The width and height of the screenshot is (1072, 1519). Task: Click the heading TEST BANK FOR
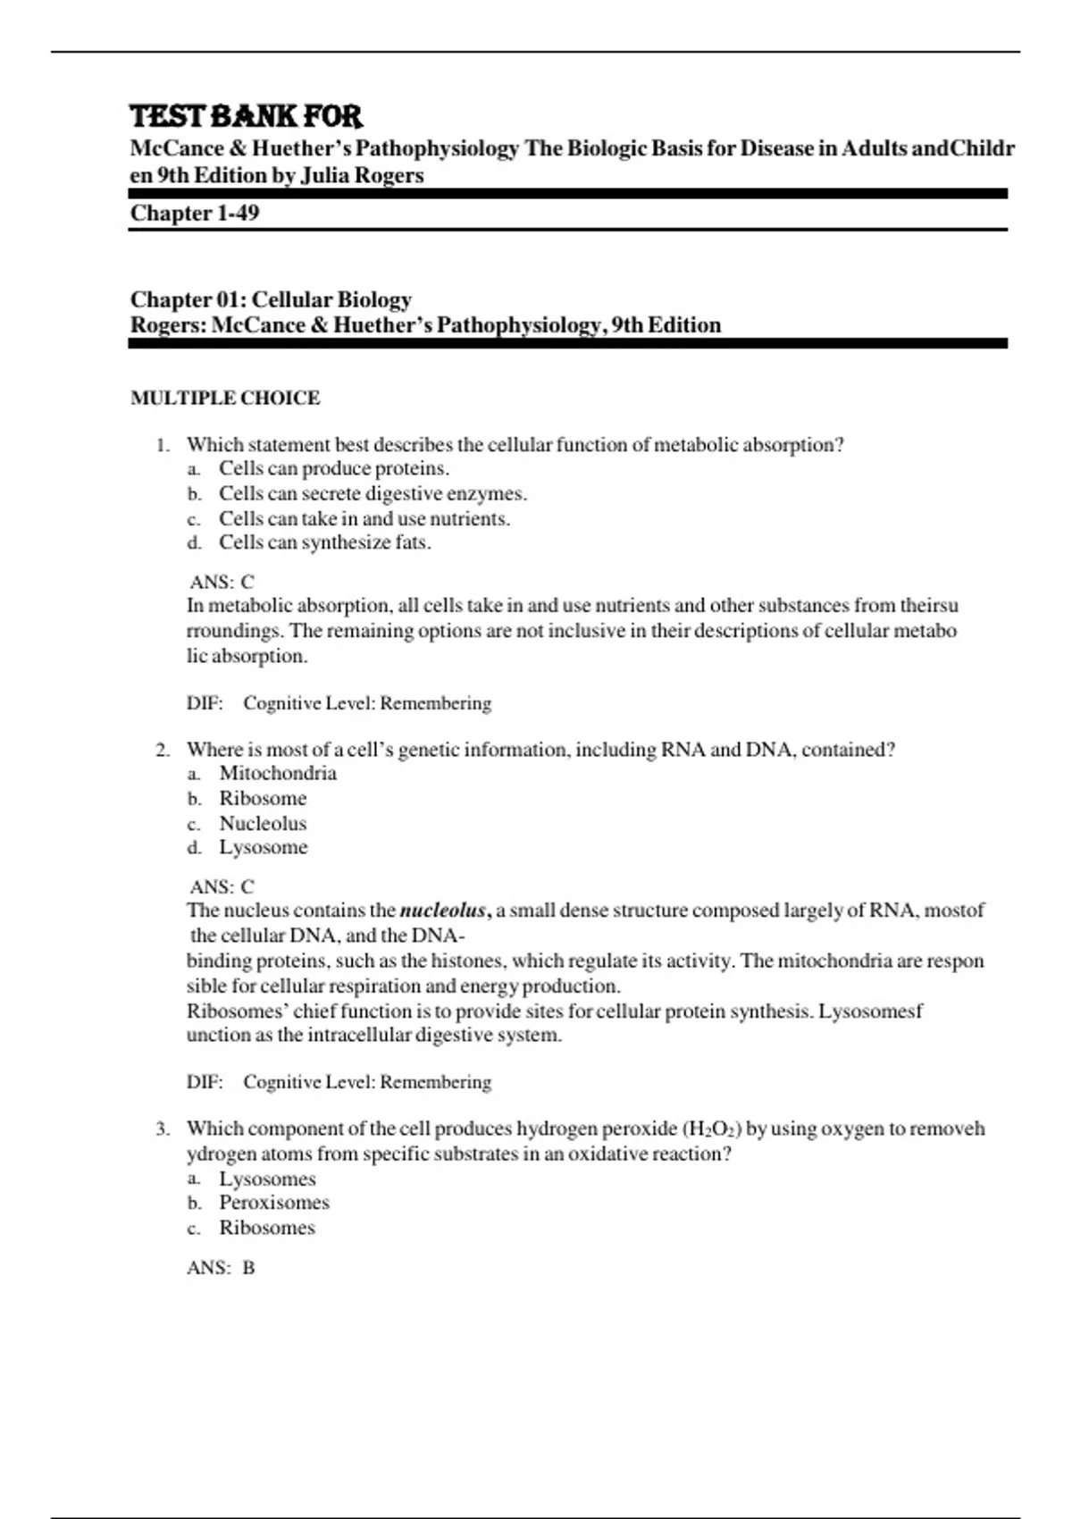tap(246, 117)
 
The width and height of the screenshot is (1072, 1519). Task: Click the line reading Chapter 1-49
tap(195, 214)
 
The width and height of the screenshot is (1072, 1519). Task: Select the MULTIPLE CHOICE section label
tap(225, 399)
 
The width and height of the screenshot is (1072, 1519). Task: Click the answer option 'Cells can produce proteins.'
tap(334, 469)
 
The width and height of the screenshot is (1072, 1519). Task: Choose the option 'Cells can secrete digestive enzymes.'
tap(373, 494)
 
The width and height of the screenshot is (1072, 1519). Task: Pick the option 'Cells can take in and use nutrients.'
tap(364, 519)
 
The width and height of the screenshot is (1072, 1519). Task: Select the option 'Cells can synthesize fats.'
tap(325, 542)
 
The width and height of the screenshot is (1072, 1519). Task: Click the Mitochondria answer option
tap(278, 774)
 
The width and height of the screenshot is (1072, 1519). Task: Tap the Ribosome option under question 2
tap(263, 799)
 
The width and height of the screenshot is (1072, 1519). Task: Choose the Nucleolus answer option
tap(263, 824)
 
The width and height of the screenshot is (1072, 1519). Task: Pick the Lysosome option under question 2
tap(264, 848)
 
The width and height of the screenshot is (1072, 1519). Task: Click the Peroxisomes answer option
tap(274, 1203)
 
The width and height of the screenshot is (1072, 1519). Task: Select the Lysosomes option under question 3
tap(267, 1179)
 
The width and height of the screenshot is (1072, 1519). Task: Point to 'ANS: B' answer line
tap(221, 1268)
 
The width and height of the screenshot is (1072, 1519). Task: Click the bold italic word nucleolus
tap(443, 911)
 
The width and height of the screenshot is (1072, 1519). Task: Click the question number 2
tap(162, 751)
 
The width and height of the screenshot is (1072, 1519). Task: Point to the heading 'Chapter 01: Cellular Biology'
tap(271, 300)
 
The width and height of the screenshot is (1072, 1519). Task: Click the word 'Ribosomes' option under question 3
tap(267, 1228)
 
